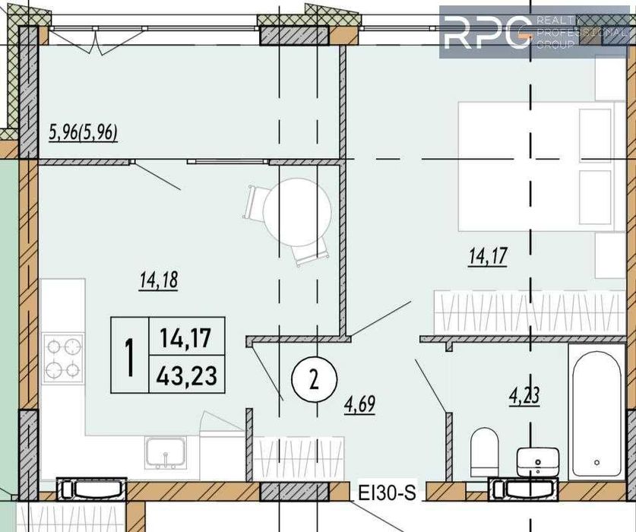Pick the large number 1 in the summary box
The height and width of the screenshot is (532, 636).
(x=130, y=356)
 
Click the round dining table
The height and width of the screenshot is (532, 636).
(x=298, y=212)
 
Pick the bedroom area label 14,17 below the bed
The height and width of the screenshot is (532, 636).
(x=487, y=258)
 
